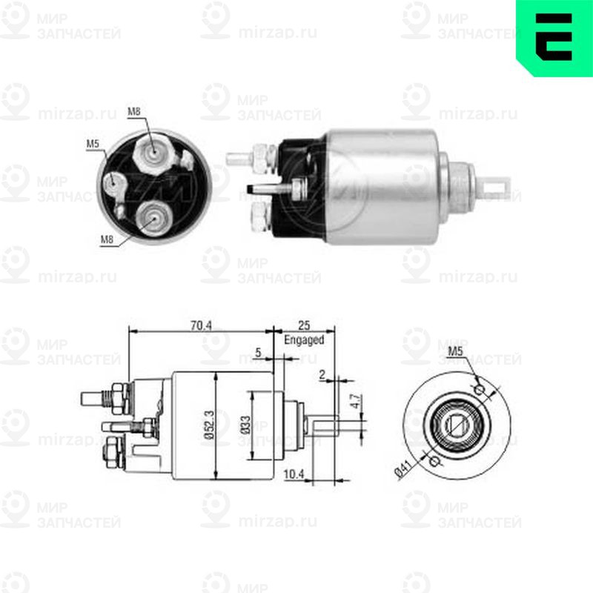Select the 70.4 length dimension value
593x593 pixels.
pos(201,325)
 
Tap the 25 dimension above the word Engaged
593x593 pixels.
pos(304,325)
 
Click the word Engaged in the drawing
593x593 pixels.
pos(304,340)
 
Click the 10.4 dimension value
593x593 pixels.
pos(294,473)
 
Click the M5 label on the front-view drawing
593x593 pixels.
pos(457,351)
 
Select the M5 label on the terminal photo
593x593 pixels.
pos(93,142)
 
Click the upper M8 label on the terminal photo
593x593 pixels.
pos(133,112)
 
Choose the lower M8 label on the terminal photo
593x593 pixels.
pos(107,239)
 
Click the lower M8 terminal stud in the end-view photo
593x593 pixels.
pos(154,216)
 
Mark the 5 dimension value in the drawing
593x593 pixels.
pos(257,353)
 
